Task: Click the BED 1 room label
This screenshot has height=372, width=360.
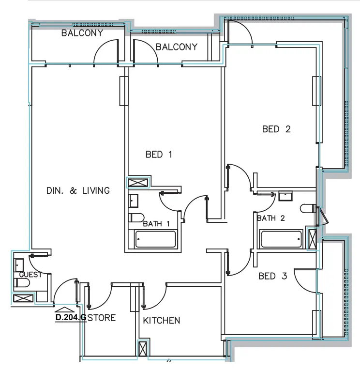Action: (159, 155)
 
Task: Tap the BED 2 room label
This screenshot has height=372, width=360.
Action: (276, 129)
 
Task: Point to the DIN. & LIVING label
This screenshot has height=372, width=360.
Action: (78, 190)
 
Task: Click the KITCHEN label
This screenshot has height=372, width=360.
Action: (162, 320)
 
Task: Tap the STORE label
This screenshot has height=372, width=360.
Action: (102, 318)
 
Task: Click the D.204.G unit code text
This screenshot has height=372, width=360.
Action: (71, 318)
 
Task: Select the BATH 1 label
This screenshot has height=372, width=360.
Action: (156, 224)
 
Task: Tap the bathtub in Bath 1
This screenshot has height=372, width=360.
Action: (155, 239)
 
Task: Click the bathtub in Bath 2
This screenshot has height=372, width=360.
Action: (281, 239)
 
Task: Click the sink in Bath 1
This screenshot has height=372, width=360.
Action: (134, 200)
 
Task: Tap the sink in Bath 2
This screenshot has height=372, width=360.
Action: (285, 196)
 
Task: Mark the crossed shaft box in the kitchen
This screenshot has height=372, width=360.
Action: (143, 350)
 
